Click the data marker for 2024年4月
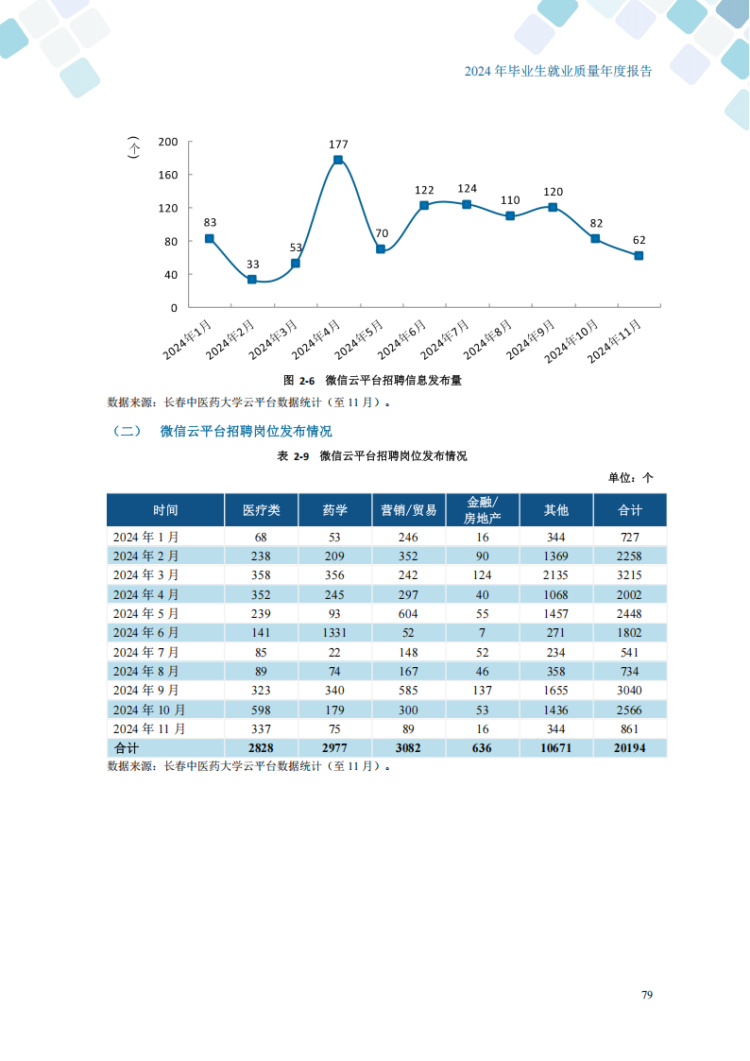338,161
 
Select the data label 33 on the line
252,265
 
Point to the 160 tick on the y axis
168,175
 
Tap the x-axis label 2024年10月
571,341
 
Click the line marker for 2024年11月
639,256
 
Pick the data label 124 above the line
467,189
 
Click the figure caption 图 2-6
298,381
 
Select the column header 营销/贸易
408,510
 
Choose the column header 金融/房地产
482,510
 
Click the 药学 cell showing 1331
334,633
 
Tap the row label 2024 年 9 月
145,691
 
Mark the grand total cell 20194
630,748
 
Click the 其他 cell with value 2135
556,575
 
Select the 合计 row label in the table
126,748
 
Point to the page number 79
647,995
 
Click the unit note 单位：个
631,478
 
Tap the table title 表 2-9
293,456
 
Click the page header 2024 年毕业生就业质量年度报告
558,72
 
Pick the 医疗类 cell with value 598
261,710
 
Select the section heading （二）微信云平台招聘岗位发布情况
222,432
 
